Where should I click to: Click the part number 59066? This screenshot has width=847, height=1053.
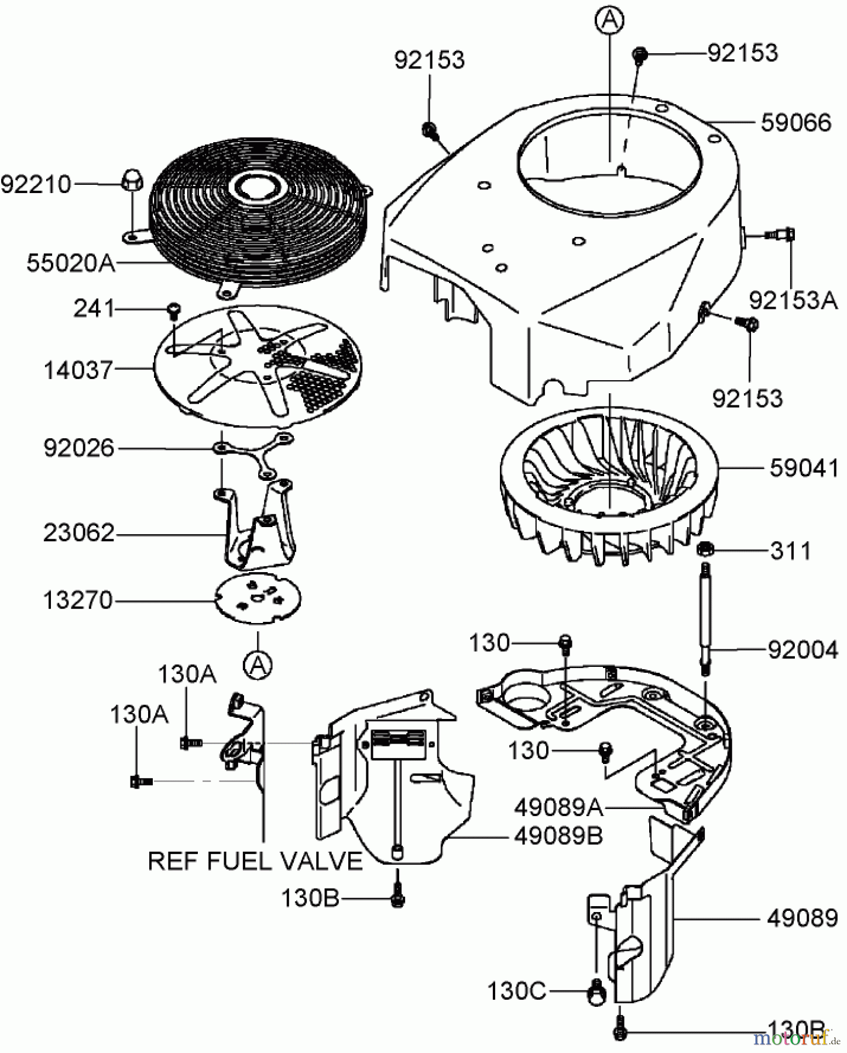coord(795,123)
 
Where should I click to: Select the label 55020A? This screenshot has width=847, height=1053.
coord(70,263)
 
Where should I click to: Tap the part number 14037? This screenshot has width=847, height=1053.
coord(78,370)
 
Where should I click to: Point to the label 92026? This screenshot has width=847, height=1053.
coord(78,449)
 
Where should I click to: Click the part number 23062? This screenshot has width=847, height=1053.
coord(78,533)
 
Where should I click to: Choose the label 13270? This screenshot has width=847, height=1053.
coord(78,600)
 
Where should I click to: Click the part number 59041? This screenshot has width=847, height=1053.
coord(804,468)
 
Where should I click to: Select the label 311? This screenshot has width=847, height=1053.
coord(790,550)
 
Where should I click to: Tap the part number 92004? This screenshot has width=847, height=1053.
coord(803,649)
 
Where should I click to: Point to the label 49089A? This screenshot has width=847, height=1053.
coord(558,808)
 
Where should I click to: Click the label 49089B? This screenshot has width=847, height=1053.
coord(558,836)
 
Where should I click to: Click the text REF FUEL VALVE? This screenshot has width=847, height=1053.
coord(255,861)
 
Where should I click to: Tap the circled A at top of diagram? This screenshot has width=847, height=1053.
coord(609,20)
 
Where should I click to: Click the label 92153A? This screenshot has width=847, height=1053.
coord(793,301)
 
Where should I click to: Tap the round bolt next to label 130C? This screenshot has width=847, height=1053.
coord(596,993)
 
